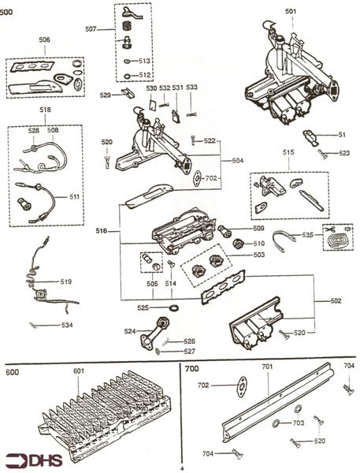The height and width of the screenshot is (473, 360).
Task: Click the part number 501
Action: [x=291, y=11]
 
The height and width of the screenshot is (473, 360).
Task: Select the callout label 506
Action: [x=44, y=39]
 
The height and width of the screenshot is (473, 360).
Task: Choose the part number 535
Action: [x=308, y=234]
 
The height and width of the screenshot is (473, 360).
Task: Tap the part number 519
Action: [x=66, y=281]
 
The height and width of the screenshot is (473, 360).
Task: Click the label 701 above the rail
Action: [x=267, y=366]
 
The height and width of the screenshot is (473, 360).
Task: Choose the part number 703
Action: [x=298, y=423]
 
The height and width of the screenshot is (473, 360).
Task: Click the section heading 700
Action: [x=191, y=368]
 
